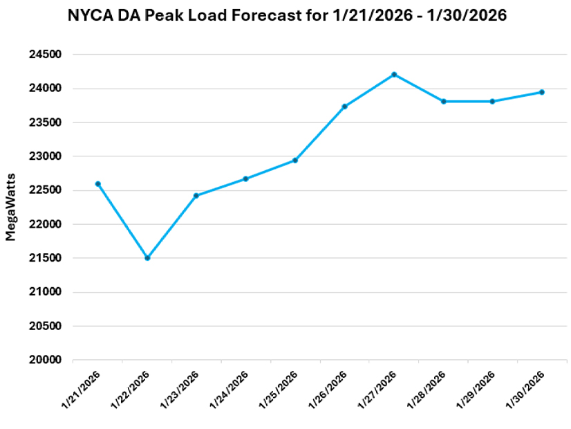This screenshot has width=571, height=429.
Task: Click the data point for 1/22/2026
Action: coord(147,258)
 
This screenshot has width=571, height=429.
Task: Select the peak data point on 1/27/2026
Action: coord(394,74)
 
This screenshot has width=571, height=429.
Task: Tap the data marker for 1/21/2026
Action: coord(97,184)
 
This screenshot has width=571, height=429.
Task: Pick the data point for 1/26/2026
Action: coord(344,107)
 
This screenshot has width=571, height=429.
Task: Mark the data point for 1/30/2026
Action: coord(542,92)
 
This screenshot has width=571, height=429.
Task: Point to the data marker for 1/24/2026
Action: coord(245,179)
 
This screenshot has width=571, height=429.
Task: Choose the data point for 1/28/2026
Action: coord(443,102)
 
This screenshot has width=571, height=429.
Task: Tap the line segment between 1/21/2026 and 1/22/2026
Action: coord(122,221)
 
